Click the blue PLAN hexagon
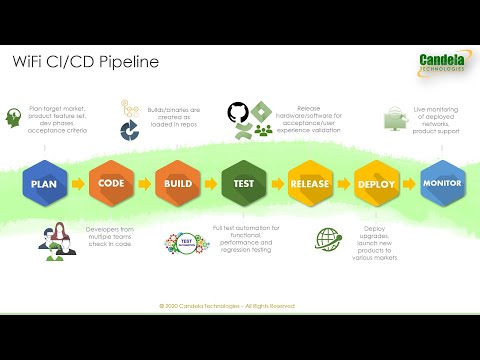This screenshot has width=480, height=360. pos(42,184)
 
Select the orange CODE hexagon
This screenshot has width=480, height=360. pos(109,184)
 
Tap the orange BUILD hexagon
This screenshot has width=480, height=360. pos(175,184)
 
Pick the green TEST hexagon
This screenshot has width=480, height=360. pos(241,184)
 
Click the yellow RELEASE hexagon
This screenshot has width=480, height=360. pos(309,184)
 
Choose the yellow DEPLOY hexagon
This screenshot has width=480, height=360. pos(376,184)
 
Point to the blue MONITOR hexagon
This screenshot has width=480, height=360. pos(441,184)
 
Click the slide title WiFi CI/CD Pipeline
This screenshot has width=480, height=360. pos(85,63)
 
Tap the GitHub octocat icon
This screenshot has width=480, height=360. pos(237,112)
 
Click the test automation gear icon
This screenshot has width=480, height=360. pos(184,243)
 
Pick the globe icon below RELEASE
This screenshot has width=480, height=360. pos(328,241)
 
